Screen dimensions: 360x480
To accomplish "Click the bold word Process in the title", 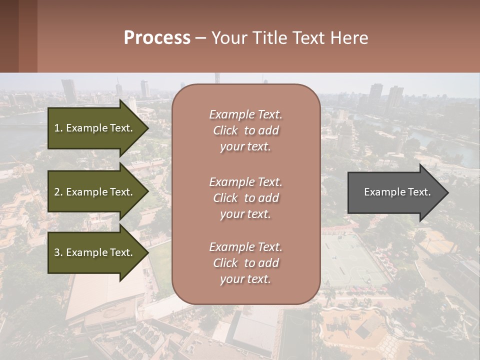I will coord(157,38).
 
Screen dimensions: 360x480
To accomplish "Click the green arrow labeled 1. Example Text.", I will coord(95,128).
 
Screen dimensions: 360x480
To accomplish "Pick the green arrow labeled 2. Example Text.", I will coord(95,192).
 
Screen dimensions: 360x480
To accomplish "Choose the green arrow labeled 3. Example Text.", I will coord(95,252).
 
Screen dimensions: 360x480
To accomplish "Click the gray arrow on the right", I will coord(395,192).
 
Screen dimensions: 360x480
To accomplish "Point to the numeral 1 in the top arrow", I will coord(57,128).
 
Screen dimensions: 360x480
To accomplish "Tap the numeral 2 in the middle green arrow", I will coord(57,192).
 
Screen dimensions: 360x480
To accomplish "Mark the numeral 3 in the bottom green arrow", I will coord(57,252).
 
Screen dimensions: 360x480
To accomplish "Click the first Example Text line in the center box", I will coord(245,114).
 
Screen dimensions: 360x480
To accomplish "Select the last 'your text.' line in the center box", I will coord(245,279).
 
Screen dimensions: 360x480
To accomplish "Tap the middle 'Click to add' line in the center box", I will coord(245,198).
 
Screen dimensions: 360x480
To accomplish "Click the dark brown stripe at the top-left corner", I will coord(9,36).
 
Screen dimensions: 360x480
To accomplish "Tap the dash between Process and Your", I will coord(201,38).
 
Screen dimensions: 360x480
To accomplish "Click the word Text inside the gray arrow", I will coord(419,192).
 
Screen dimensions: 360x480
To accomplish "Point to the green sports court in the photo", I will coord(350,260).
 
